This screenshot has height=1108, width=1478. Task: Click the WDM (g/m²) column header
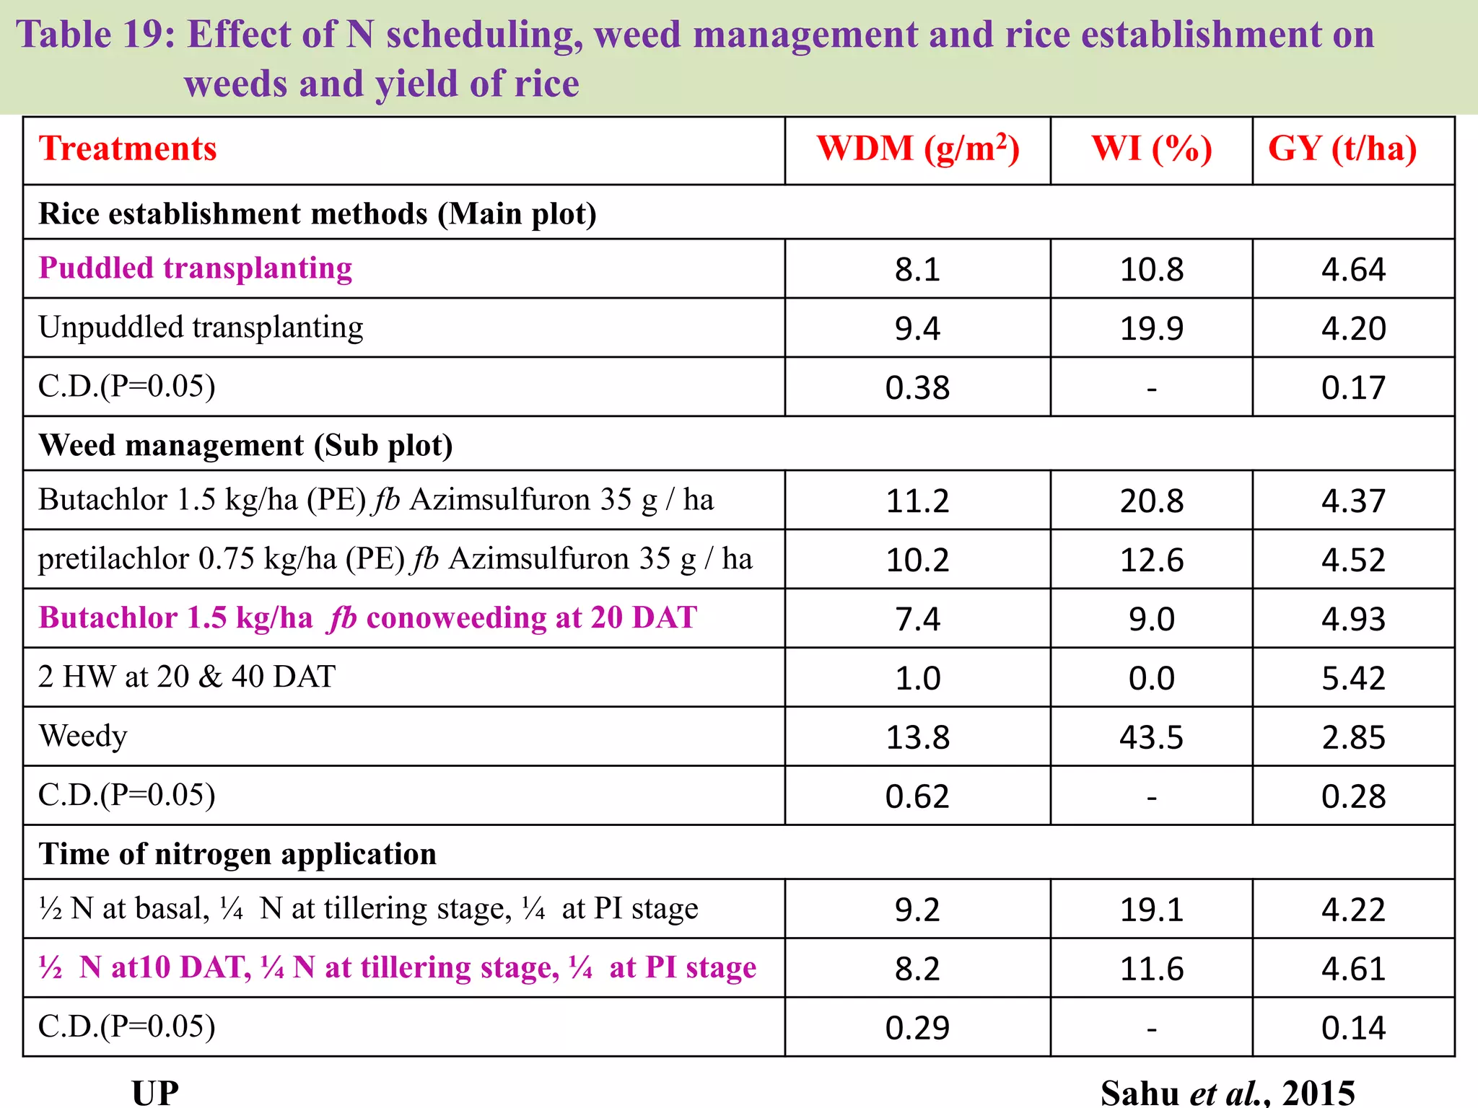pos(917,149)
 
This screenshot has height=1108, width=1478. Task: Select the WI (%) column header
pos(1152,149)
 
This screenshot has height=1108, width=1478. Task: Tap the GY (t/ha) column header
pos(1342,149)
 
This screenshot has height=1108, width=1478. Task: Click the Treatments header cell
pos(128,149)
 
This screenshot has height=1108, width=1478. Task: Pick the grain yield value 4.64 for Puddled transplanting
pos(1353,270)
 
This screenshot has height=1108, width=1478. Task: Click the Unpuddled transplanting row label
pos(201,327)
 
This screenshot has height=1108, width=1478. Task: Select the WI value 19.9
pos(1152,329)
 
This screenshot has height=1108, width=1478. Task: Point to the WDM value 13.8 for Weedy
pos(917,737)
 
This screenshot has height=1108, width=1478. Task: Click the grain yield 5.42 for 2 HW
pos(1353,678)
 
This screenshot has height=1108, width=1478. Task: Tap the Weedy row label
pos(83,737)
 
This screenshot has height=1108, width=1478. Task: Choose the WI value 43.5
pos(1152,737)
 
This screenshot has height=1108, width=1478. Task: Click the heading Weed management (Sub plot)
pos(245,445)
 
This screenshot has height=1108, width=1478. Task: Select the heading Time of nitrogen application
pos(237,854)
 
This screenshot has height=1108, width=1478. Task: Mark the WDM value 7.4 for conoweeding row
pos(917,619)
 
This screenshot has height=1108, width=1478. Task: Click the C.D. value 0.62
pos(917,796)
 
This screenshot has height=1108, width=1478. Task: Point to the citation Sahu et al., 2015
pos(1227,1092)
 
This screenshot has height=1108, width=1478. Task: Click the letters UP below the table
pos(155,1092)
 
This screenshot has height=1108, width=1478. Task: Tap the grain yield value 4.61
pos(1353,969)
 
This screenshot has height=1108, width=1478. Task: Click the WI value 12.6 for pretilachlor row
pos(1152,560)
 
